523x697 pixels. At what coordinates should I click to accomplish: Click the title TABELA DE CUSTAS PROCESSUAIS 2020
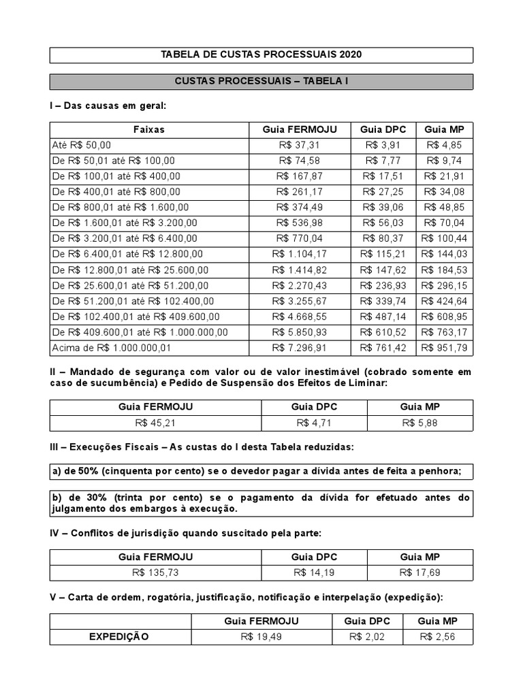pos(261,54)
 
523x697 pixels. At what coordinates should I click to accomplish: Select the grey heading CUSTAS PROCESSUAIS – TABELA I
pos(261,81)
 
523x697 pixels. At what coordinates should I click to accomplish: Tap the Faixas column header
pos(148,129)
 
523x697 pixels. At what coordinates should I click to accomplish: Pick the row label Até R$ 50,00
pos(81,145)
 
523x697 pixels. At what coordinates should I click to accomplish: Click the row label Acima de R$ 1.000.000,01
pos(112,348)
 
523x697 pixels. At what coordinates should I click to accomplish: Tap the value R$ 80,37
pos(383,238)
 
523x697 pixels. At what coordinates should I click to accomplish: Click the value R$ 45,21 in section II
pos(156,423)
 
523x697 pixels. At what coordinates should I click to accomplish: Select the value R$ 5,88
pos(420,423)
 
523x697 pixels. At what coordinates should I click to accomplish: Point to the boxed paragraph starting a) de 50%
pos(261,472)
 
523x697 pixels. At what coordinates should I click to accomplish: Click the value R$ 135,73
pos(156,572)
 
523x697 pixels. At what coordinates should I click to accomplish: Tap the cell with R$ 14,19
pos(315,572)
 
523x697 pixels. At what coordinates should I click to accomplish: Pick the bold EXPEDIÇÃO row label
pos(119,637)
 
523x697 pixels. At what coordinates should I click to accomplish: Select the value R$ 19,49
pos(261,637)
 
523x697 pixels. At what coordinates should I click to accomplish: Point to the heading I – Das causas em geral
pos(108,106)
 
